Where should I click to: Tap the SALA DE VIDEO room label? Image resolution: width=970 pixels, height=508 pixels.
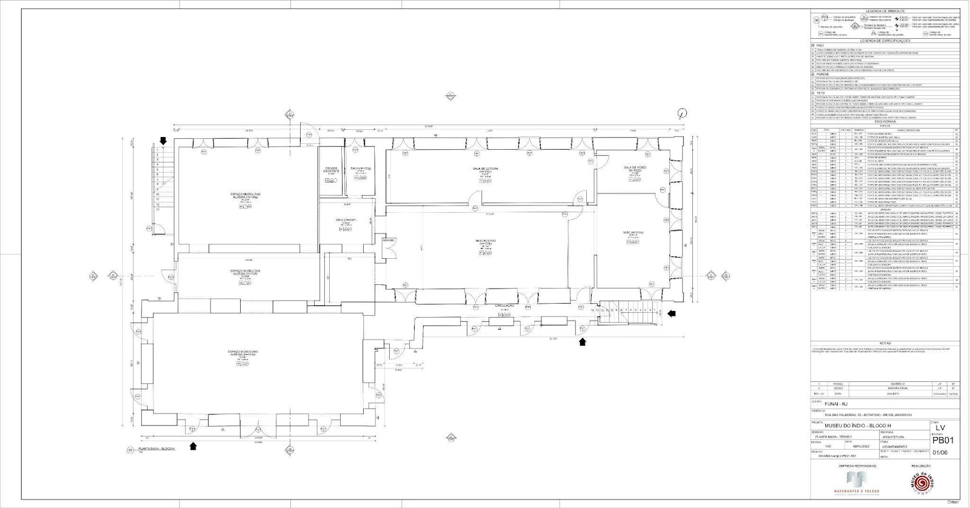[633, 167]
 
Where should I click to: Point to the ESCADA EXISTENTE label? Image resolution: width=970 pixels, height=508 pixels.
[331, 170]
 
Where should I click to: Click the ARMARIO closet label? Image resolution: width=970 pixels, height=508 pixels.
[388, 240]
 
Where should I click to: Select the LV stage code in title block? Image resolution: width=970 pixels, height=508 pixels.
[940, 428]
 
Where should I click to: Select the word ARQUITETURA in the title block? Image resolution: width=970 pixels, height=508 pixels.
[893, 436]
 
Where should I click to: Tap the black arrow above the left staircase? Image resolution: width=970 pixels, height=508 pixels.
[162, 140]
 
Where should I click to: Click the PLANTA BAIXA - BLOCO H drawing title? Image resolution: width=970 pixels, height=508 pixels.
[157, 449]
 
